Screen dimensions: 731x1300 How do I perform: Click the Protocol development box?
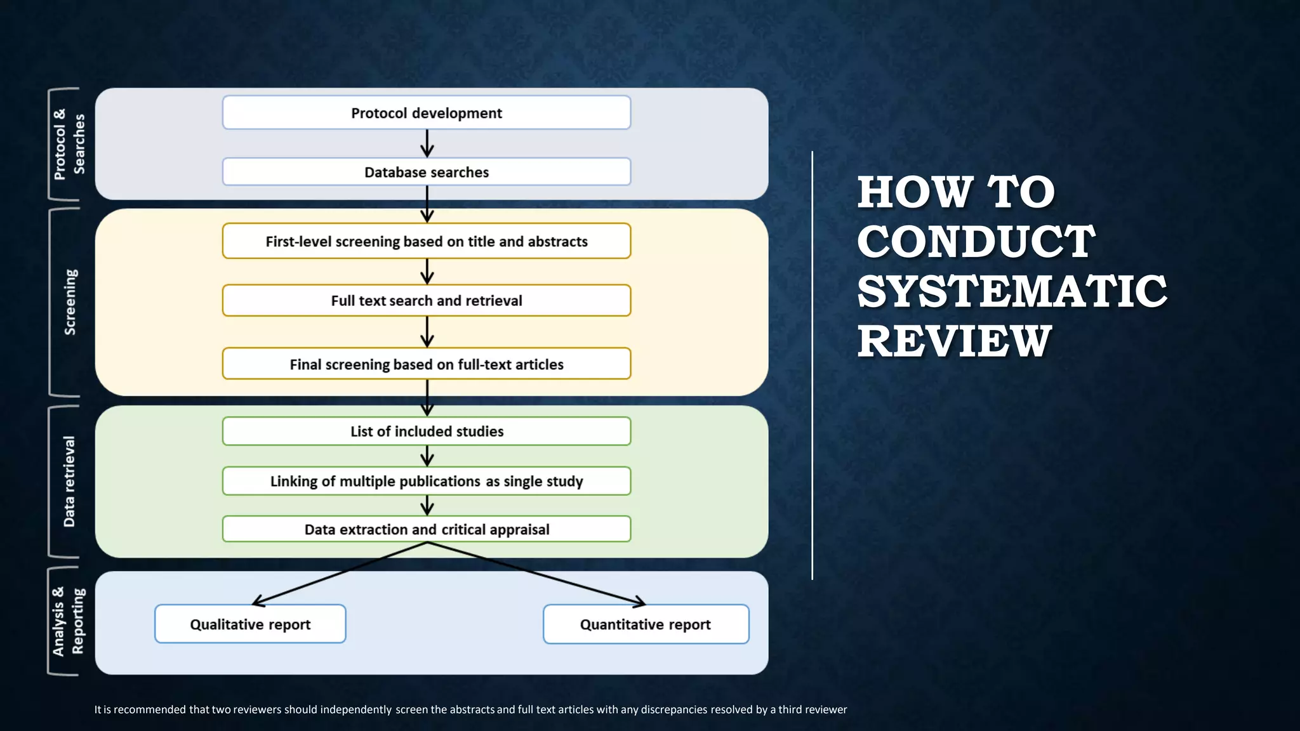(x=426, y=113)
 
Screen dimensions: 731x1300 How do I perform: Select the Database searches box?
(x=426, y=172)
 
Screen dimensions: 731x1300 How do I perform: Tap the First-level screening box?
(x=426, y=241)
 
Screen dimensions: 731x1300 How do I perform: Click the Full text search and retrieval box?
(x=426, y=301)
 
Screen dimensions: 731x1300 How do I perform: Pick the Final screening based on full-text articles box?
(x=426, y=364)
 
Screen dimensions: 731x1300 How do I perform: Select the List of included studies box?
(x=426, y=431)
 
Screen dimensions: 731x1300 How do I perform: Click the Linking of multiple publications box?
(x=426, y=481)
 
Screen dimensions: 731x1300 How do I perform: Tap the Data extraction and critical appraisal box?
(x=426, y=529)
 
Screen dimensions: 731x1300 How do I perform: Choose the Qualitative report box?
(x=250, y=624)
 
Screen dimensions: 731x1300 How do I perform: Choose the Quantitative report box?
(x=646, y=624)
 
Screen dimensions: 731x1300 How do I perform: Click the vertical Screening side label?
(x=70, y=302)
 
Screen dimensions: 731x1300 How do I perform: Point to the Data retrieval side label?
(x=69, y=481)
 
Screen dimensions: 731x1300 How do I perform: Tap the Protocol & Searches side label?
(x=69, y=144)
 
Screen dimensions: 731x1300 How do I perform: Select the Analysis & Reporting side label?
(x=68, y=621)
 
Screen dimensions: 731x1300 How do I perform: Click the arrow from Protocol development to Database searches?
(x=427, y=143)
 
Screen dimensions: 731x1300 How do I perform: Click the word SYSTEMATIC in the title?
(x=1011, y=291)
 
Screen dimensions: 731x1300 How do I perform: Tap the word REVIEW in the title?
(x=954, y=341)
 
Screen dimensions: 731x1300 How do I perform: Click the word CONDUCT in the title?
(x=976, y=242)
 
